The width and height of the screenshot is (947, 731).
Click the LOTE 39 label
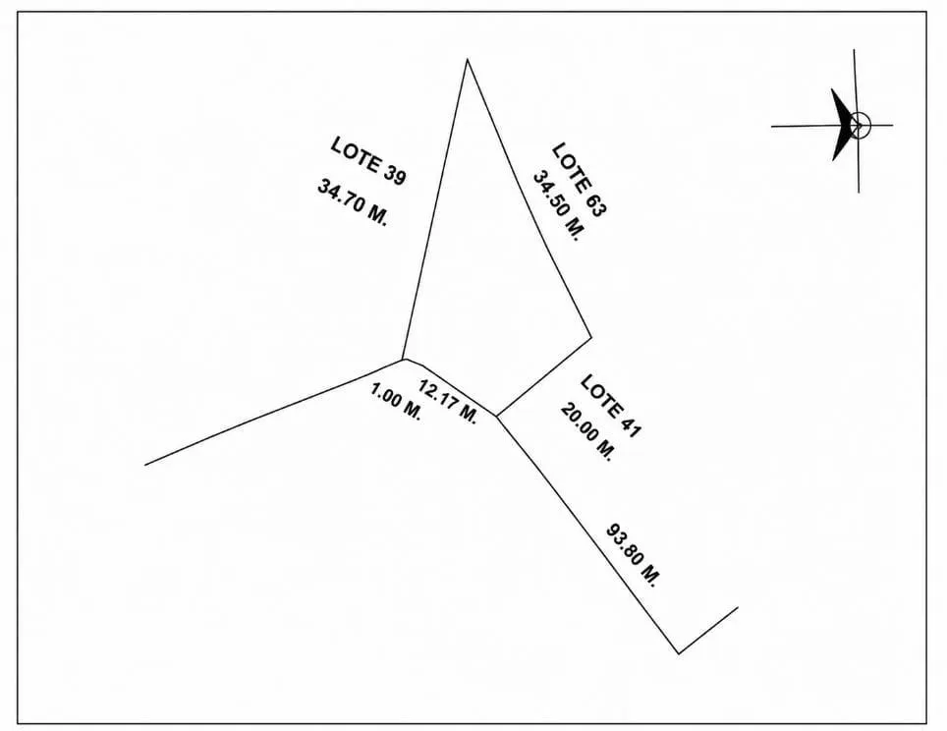(x=368, y=161)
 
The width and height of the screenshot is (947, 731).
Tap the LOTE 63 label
(x=579, y=180)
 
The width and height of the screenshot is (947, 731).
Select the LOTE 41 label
(x=610, y=406)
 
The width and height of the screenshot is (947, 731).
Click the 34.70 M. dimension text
(x=352, y=201)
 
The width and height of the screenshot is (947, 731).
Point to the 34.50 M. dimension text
(x=559, y=206)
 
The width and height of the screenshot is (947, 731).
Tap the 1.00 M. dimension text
(x=396, y=403)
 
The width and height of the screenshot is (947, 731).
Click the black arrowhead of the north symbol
(x=841, y=125)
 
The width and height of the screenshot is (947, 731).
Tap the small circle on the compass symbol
(x=860, y=125)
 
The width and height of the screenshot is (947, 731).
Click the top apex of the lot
(x=467, y=59)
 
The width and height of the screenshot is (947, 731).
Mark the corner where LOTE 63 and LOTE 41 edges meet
(x=591, y=337)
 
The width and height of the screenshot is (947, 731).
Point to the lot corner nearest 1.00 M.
(x=403, y=360)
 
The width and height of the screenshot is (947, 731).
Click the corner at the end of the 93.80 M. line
(x=679, y=653)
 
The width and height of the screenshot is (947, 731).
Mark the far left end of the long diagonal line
(x=145, y=465)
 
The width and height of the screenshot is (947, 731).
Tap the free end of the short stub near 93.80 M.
(x=738, y=607)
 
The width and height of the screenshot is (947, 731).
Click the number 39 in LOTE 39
(x=394, y=176)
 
